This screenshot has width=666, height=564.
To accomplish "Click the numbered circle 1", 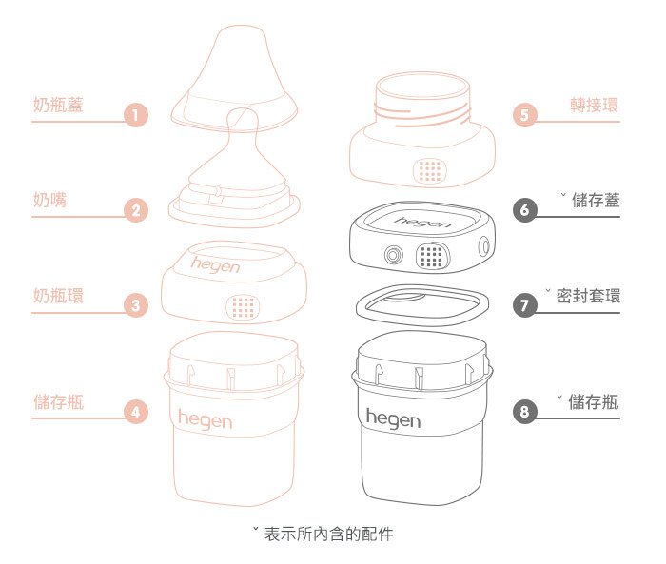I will click(137, 116).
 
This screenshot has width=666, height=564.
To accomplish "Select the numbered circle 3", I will click(137, 306).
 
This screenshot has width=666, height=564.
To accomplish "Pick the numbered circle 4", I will click(137, 412).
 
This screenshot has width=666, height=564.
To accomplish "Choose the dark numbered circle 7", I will click(525, 306).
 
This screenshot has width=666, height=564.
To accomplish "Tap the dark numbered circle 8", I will click(525, 412).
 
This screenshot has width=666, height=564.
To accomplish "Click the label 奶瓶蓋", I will click(58, 105).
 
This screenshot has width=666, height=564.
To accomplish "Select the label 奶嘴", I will click(49, 200).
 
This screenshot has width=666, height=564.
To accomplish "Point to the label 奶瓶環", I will click(58, 296).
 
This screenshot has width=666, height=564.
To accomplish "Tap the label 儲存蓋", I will click(597, 200).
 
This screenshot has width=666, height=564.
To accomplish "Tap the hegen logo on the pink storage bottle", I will click(205, 418).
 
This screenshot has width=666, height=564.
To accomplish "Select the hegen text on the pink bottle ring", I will click(216, 265).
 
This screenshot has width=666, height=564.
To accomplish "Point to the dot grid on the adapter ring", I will click(430, 170).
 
